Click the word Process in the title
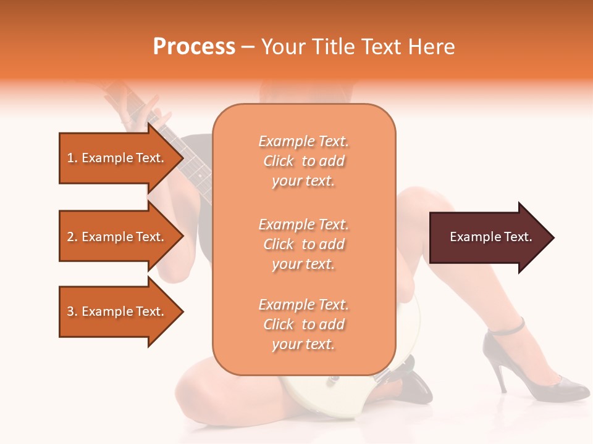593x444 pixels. point(194,47)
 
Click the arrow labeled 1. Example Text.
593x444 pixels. point(117,158)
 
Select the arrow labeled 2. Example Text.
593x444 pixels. point(117,237)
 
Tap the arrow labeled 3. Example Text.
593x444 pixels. point(117,311)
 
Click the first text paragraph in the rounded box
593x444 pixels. point(303,161)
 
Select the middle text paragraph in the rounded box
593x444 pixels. point(303,244)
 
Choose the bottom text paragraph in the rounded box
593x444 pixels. point(303,324)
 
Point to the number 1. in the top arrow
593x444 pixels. point(72,158)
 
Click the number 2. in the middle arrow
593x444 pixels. point(72,237)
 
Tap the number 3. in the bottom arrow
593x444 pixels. point(72,311)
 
